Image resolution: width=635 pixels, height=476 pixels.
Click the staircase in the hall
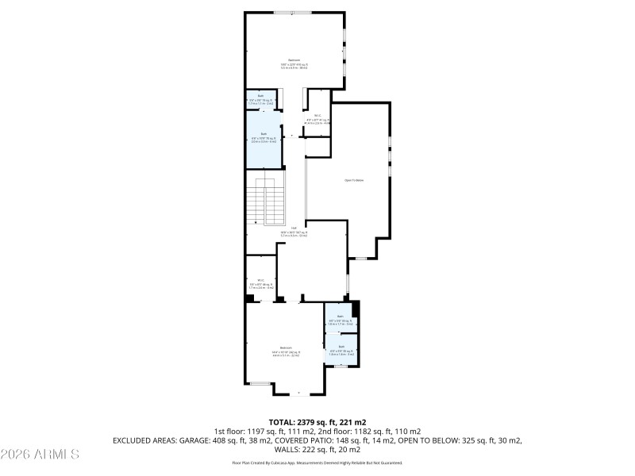tap(265, 202)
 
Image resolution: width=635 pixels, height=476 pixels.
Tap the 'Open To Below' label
tap(353, 180)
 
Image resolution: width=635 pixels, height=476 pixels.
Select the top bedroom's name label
tap(294, 59)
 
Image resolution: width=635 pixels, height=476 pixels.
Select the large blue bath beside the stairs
tap(264, 139)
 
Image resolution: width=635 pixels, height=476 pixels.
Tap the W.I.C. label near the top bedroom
tap(317, 117)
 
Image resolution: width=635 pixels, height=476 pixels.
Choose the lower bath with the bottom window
tap(341, 349)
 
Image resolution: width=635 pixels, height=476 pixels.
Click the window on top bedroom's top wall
tap(293, 12)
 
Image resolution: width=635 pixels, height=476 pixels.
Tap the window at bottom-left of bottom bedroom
tap(260, 384)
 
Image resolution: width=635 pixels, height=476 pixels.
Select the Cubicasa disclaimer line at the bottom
tap(317, 462)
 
